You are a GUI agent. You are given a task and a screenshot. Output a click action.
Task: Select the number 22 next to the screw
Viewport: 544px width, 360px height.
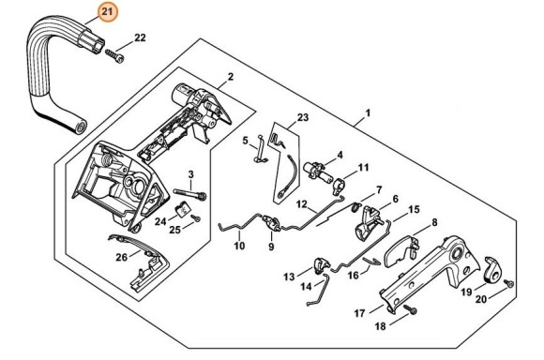coord(141,37)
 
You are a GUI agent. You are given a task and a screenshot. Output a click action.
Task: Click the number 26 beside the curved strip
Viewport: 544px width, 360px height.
coord(122,257)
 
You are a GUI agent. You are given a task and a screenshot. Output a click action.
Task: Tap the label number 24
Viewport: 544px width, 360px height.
coord(160,221)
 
